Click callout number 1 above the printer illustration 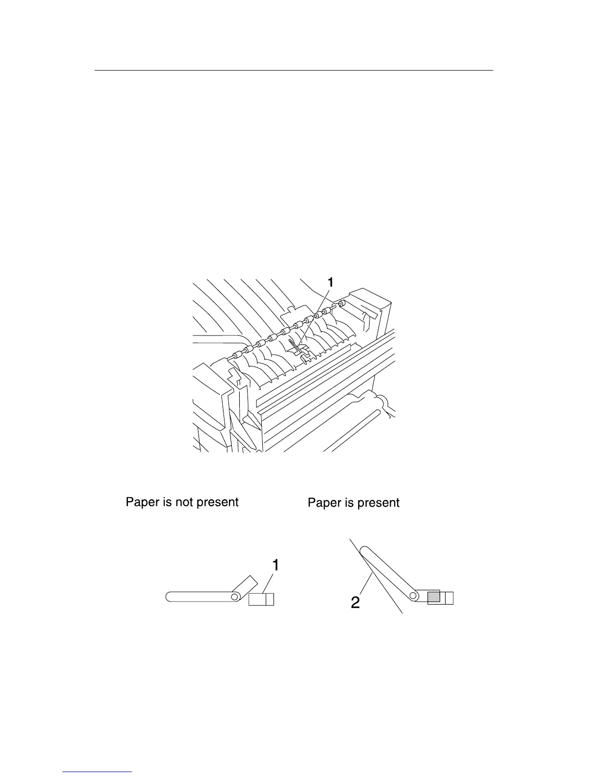tap(331, 282)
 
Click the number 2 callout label tap(355, 602)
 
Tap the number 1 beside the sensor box tap(276, 565)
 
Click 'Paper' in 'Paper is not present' tap(142, 502)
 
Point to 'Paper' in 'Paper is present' tap(324, 503)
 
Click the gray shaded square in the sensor tap(433, 597)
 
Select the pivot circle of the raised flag tap(414, 596)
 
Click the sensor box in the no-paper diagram tap(261, 599)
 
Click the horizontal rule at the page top tap(294, 70)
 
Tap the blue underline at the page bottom tap(98, 772)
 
